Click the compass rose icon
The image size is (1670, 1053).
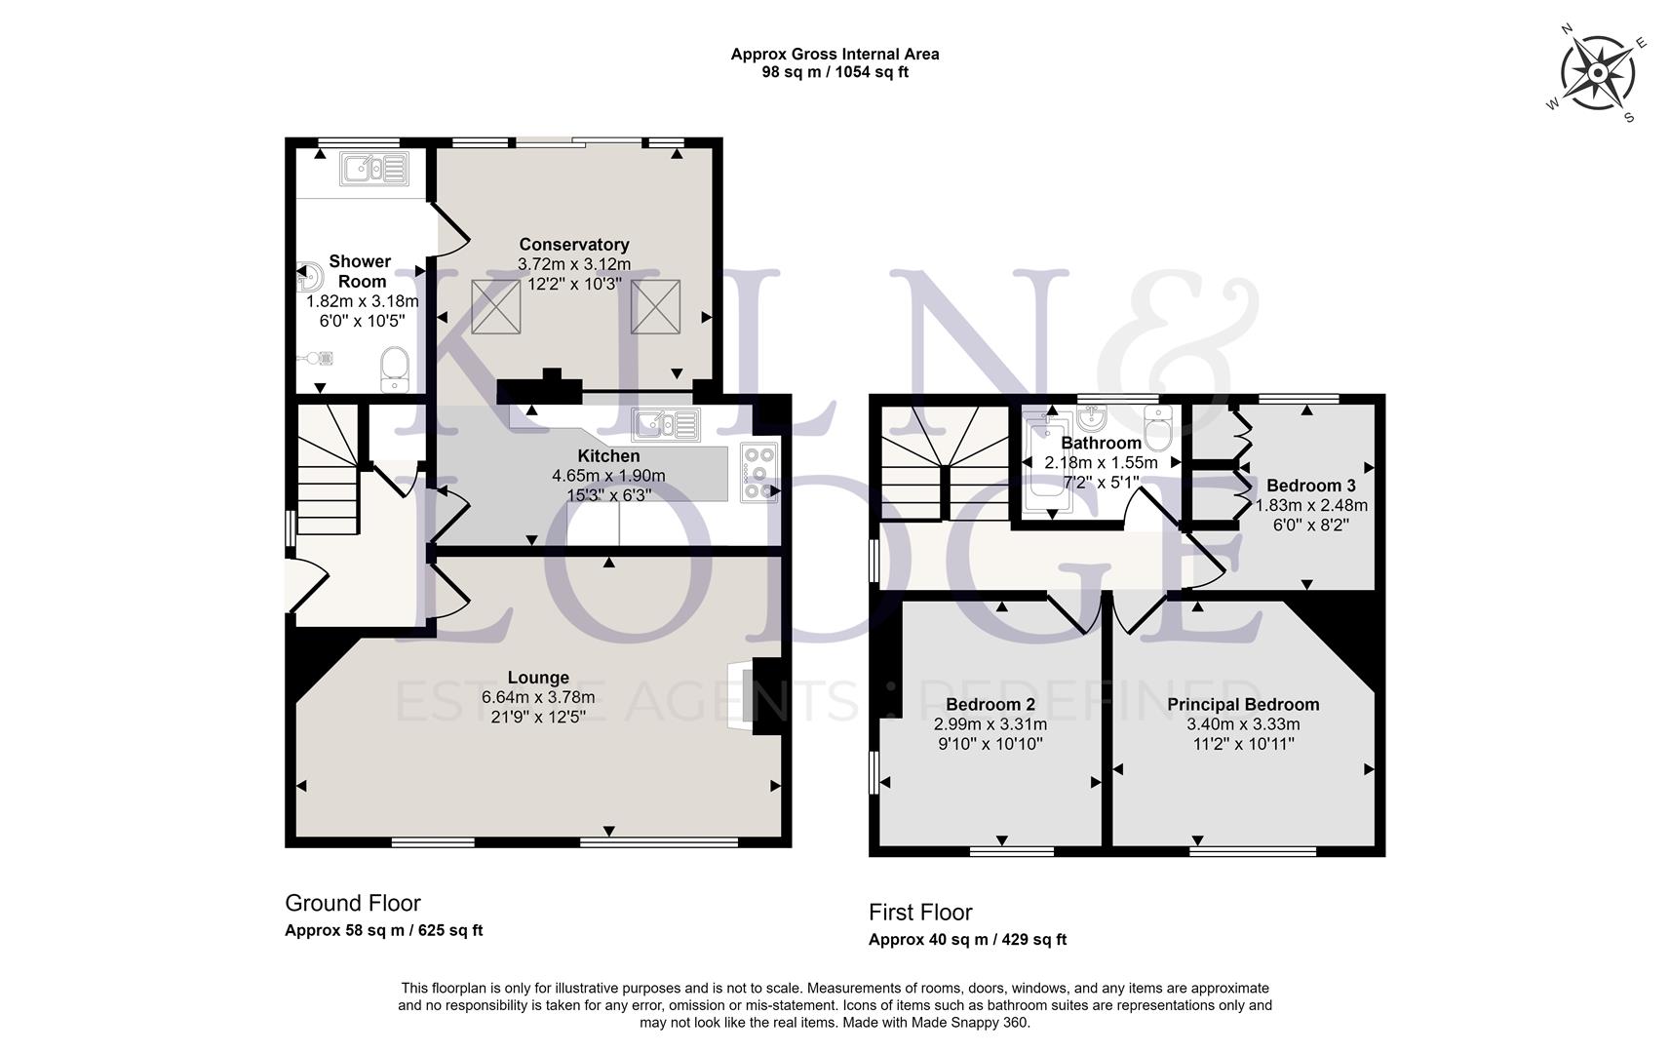(1598, 74)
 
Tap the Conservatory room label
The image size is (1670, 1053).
(573, 245)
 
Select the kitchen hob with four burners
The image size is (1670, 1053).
(758, 472)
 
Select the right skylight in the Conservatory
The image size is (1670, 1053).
(654, 306)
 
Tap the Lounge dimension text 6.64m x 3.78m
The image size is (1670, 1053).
(538, 698)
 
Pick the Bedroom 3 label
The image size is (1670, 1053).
(1310, 486)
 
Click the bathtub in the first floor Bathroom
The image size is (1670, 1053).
(1048, 463)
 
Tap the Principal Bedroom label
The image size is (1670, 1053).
(1243, 705)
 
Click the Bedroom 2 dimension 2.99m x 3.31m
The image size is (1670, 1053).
(990, 724)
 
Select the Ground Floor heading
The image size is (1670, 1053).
(353, 903)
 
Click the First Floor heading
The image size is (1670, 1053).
(920, 913)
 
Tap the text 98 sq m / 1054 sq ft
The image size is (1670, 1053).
(835, 72)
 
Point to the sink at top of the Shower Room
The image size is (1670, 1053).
(373, 170)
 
